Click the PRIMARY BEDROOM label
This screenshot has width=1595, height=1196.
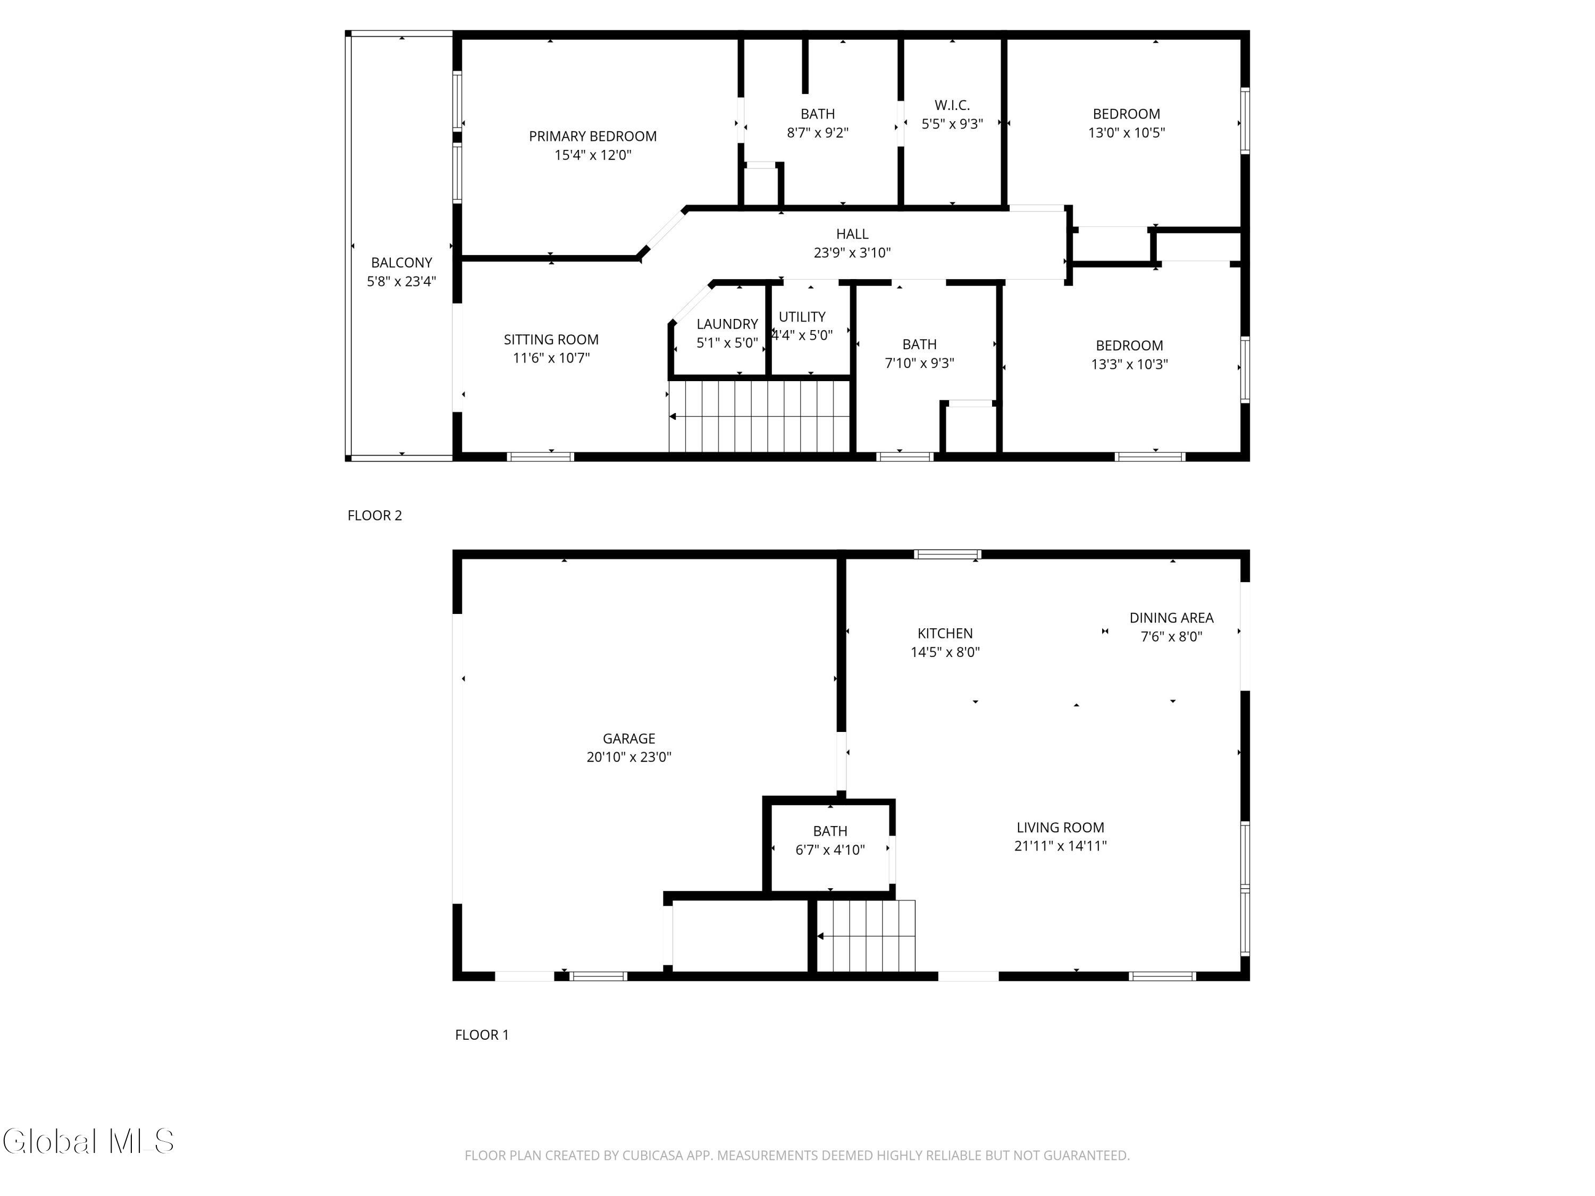click(x=593, y=136)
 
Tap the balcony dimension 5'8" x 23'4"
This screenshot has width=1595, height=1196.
click(x=401, y=281)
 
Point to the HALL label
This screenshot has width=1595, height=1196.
click(x=852, y=233)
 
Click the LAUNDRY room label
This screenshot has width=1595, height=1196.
click(x=727, y=324)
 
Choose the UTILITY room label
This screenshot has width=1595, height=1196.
click(x=802, y=316)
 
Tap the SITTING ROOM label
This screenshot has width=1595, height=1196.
click(x=551, y=340)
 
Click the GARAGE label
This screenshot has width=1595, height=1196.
click(x=629, y=738)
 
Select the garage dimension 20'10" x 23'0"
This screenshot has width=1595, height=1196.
click(x=629, y=757)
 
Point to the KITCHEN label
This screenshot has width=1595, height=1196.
click(x=945, y=633)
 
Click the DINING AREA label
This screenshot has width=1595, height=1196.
click(x=1171, y=618)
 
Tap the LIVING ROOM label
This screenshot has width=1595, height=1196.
click(x=1060, y=828)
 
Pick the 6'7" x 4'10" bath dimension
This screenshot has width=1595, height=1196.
click(x=830, y=850)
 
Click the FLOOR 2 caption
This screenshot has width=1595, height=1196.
click(x=375, y=516)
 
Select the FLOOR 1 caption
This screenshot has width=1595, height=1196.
click(x=482, y=1035)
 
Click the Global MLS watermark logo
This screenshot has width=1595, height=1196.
click(x=88, y=1141)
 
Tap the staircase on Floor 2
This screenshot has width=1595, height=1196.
click(x=760, y=417)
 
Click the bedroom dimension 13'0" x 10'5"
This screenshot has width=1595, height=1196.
click(x=1126, y=133)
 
